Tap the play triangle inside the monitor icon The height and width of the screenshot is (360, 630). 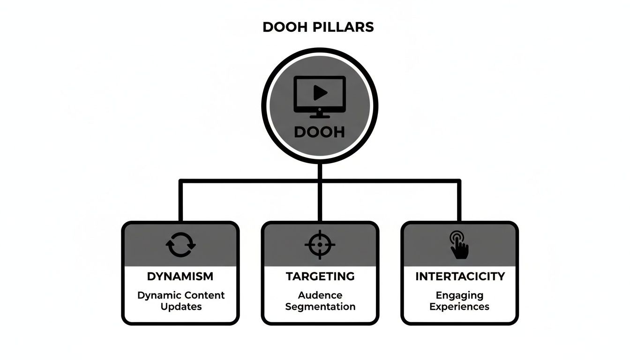pos(320,93)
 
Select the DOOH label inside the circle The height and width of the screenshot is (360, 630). pos(319,132)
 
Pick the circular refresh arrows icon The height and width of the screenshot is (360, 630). pos(180,245)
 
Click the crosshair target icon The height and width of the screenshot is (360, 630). pos(320,245)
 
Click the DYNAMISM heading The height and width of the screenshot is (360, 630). pos(180,277)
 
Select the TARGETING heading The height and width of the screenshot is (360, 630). pos(320,277)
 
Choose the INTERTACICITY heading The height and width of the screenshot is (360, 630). pos(460,277)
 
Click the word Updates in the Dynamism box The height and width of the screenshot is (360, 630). pos(181,307)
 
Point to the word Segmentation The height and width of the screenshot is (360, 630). pos(320,307)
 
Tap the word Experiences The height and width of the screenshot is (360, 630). pos(459,307)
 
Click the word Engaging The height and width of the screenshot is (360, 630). pos(459,296)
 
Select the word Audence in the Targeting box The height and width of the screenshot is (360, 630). pos(320,295)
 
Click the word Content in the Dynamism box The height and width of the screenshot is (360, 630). pos(204,295)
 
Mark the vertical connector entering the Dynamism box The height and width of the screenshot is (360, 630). pos(180,202)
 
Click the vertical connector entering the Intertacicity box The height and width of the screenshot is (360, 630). pos(459,202)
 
